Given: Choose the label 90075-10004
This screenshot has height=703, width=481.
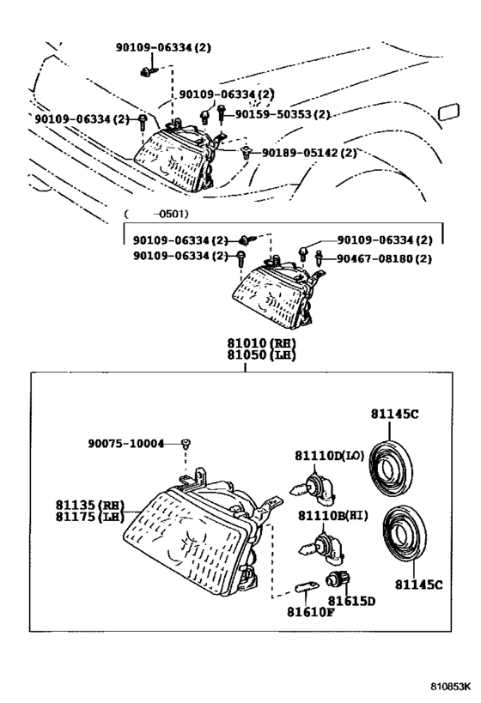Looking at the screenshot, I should click(x=125, y=443).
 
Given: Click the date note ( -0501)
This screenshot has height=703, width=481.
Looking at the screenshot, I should click(x=156, y=215).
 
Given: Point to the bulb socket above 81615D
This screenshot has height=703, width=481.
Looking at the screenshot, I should click(x=337, y=581).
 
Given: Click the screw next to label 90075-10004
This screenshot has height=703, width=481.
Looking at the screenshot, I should click(x=186, y=444).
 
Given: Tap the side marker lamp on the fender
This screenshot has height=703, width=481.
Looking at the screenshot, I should click(x=448, y=112).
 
